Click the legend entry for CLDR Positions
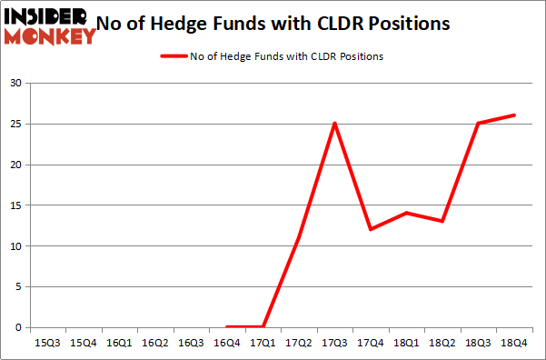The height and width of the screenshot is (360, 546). click(272, 56)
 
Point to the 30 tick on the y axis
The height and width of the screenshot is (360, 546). click(15, 84)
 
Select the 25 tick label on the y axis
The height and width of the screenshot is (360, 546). click(15, 125)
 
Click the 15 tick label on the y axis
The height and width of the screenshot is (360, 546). click(15, 205)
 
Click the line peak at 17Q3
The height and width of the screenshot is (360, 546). click(335, 124)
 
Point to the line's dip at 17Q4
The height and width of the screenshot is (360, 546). click(371, 229)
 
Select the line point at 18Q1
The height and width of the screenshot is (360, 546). click(407, 213)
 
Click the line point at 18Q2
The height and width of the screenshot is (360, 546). click(442, 221)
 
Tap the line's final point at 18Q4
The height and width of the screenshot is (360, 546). click(514, 115)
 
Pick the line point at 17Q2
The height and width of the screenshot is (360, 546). click(299, 237)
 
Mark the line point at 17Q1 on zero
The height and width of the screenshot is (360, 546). click(263, 326)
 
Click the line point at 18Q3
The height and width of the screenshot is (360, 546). click(478, 124)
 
